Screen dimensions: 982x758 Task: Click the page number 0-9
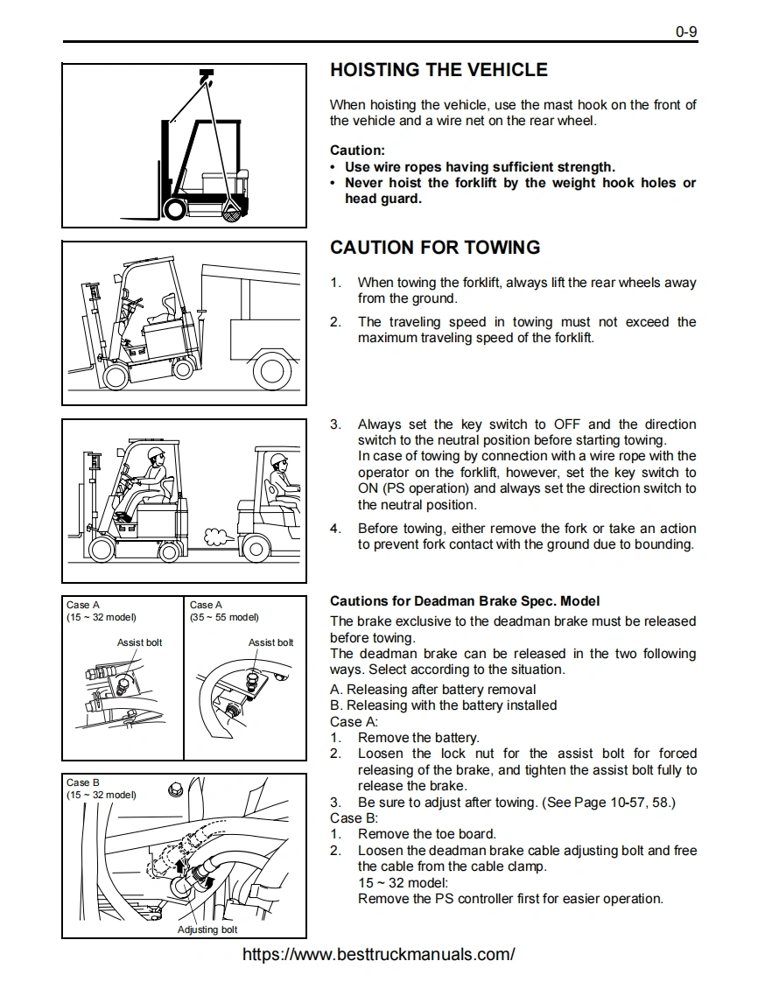tap(685, 32)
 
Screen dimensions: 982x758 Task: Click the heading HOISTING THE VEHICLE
tap(439, 70)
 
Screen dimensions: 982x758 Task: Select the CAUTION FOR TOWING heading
tap(435, 248)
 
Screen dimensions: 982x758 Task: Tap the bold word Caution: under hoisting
tap(357, 151)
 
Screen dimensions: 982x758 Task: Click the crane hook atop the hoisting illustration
tap(207, 77)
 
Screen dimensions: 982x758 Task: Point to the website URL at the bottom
tap(378, 954)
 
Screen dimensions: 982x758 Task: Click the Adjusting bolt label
tap(207, 929)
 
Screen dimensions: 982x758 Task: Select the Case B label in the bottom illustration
tap(83, 782)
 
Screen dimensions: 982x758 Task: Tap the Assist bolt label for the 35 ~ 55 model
tap(270, 642)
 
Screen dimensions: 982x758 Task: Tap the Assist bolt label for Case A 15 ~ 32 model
tap(139, 642)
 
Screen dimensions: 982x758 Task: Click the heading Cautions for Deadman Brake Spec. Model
tap(465, 601)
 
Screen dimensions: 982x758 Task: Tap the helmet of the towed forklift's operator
tap(156, 453)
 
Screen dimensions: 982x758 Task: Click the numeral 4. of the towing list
tap(335, 529)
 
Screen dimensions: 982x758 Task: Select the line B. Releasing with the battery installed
tap(443, 705)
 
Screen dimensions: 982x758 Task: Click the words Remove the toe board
tap(426, 834)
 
